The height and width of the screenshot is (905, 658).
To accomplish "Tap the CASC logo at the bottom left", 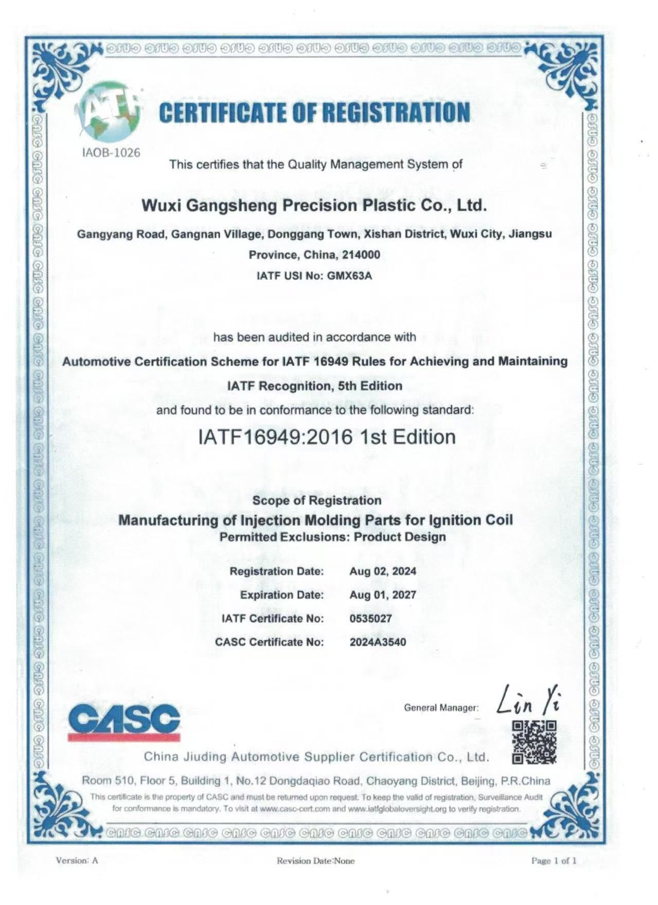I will pyautogui.click(x=123, y=722).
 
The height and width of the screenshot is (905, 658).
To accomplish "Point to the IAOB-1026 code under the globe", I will pyautogui.click(x=112, y=153).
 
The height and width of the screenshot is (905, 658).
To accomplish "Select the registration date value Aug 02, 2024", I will pyautogui.click(x=382, y=571).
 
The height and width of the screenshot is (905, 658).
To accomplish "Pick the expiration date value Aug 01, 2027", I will pyautogui.click(x=382, y=595).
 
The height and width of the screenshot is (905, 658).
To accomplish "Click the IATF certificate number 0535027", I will pyautogui.click(x=370, y=619).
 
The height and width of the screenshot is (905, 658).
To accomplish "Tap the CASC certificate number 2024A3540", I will pyautogui.click(x=378, y=642).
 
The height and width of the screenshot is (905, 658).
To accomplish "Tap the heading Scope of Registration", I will pyautogui.click(x=317, y=500).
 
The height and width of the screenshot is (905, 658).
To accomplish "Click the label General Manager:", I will pyautogui.click(x=441, y=708).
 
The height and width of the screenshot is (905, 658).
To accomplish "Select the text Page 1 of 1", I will pyautogui.click(x=554, y=861).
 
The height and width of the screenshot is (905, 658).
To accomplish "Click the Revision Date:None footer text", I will pyautogui.click(x=315, y=861).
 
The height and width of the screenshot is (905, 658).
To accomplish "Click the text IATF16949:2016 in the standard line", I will pyautogui.click(x=275, y=437).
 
